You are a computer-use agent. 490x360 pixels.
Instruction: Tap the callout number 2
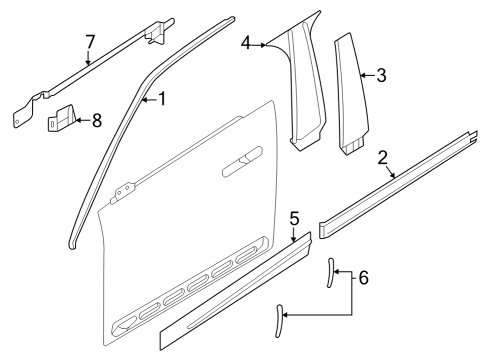pos(383,156)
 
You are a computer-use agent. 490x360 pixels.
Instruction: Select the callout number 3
pos(380,74)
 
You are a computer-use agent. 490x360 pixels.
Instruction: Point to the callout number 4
pos(246,42)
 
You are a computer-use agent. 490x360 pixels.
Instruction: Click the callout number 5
pos(294,217)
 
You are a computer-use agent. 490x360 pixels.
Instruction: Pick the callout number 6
pos(362,277)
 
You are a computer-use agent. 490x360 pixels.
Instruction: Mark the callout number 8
pos(96,120)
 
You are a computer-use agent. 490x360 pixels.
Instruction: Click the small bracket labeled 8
pos(62,119)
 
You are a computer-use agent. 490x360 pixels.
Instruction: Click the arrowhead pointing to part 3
pos(361,74)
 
